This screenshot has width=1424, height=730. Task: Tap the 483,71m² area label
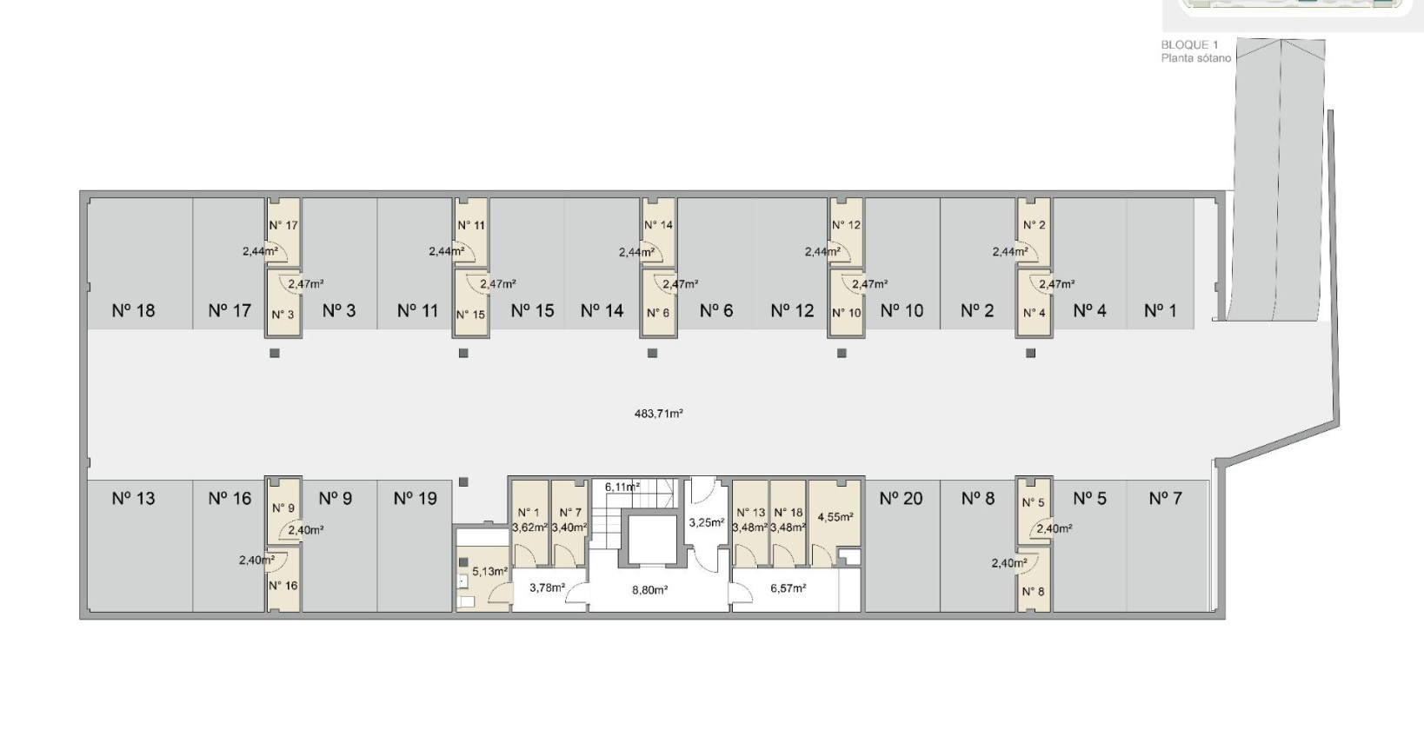(659, 414)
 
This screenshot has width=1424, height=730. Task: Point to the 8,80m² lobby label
(649, 590)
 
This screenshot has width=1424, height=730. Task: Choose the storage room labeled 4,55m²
(835, 522)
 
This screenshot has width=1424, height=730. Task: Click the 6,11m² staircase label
(622, 487)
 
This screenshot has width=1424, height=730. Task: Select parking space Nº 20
(902, 545)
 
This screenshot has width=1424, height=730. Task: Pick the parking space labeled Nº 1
(1161, 263)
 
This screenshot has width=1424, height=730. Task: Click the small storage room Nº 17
(283, 231)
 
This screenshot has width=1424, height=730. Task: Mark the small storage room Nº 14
(658, 231)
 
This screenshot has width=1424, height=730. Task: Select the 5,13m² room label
(489, 572)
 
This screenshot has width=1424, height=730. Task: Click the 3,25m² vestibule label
(706, 523)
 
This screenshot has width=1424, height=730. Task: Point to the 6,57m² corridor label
(789, 588)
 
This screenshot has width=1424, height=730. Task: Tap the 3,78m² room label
(548, 588)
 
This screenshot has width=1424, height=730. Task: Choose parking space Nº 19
(415, 545)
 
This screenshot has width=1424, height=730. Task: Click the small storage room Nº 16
(283, 578)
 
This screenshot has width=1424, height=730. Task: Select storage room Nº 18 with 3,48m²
(789, 522)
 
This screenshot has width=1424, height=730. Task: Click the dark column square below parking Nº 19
(463, 482)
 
